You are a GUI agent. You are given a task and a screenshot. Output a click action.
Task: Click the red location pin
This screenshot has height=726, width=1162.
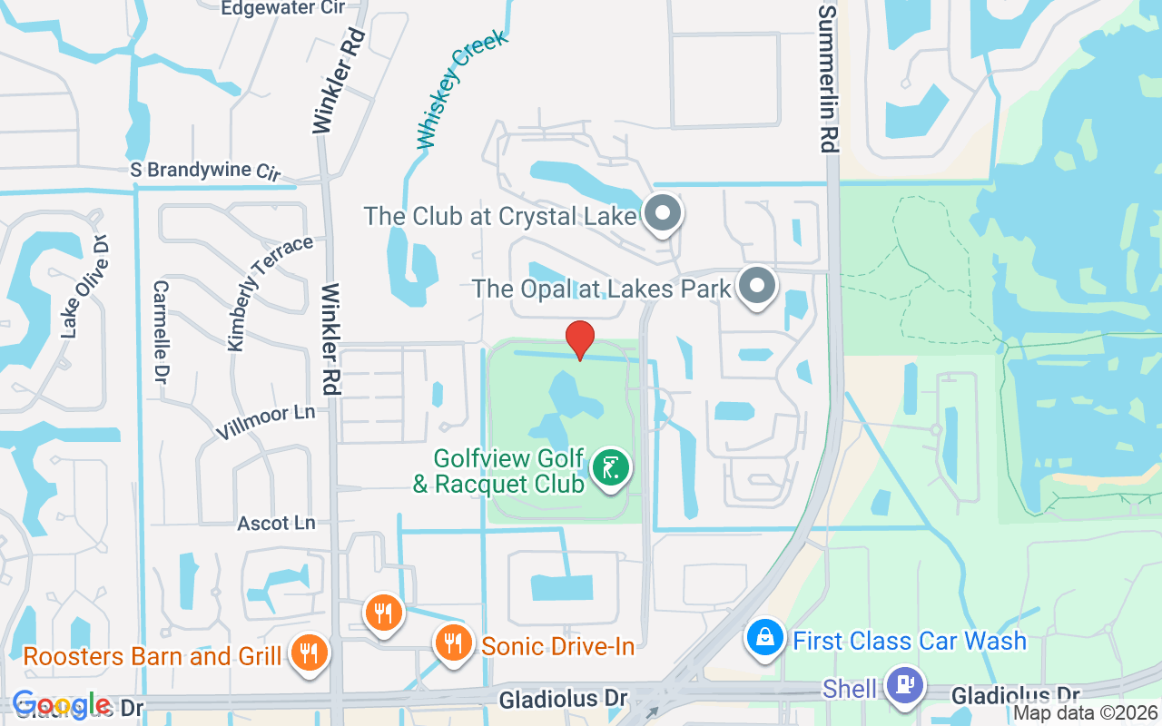[x=580, y=339]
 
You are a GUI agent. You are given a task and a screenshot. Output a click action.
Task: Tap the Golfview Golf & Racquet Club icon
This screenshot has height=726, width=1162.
[x=611, y=468]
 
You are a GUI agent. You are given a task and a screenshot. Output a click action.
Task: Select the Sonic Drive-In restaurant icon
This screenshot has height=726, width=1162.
[x=452, y=643]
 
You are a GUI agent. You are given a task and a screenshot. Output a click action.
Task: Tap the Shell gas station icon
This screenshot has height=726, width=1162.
[x=904, y=684]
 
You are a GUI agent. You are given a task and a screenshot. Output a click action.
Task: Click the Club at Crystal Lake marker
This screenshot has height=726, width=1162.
[x=663, y=214]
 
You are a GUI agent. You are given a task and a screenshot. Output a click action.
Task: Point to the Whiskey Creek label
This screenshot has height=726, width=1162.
[x=461, y=89]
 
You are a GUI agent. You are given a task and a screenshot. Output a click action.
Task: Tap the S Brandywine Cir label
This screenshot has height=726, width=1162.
[x=205, y=171]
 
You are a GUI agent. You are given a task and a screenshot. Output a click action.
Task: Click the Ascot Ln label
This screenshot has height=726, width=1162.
[x=276, y=524]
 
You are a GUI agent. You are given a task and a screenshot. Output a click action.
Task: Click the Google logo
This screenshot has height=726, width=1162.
[x=61, y=705]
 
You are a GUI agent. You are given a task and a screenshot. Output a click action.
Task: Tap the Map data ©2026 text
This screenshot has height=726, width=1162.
[x=1085, y=713]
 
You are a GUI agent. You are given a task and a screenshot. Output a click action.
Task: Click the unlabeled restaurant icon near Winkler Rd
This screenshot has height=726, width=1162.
[x=383, y=612]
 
